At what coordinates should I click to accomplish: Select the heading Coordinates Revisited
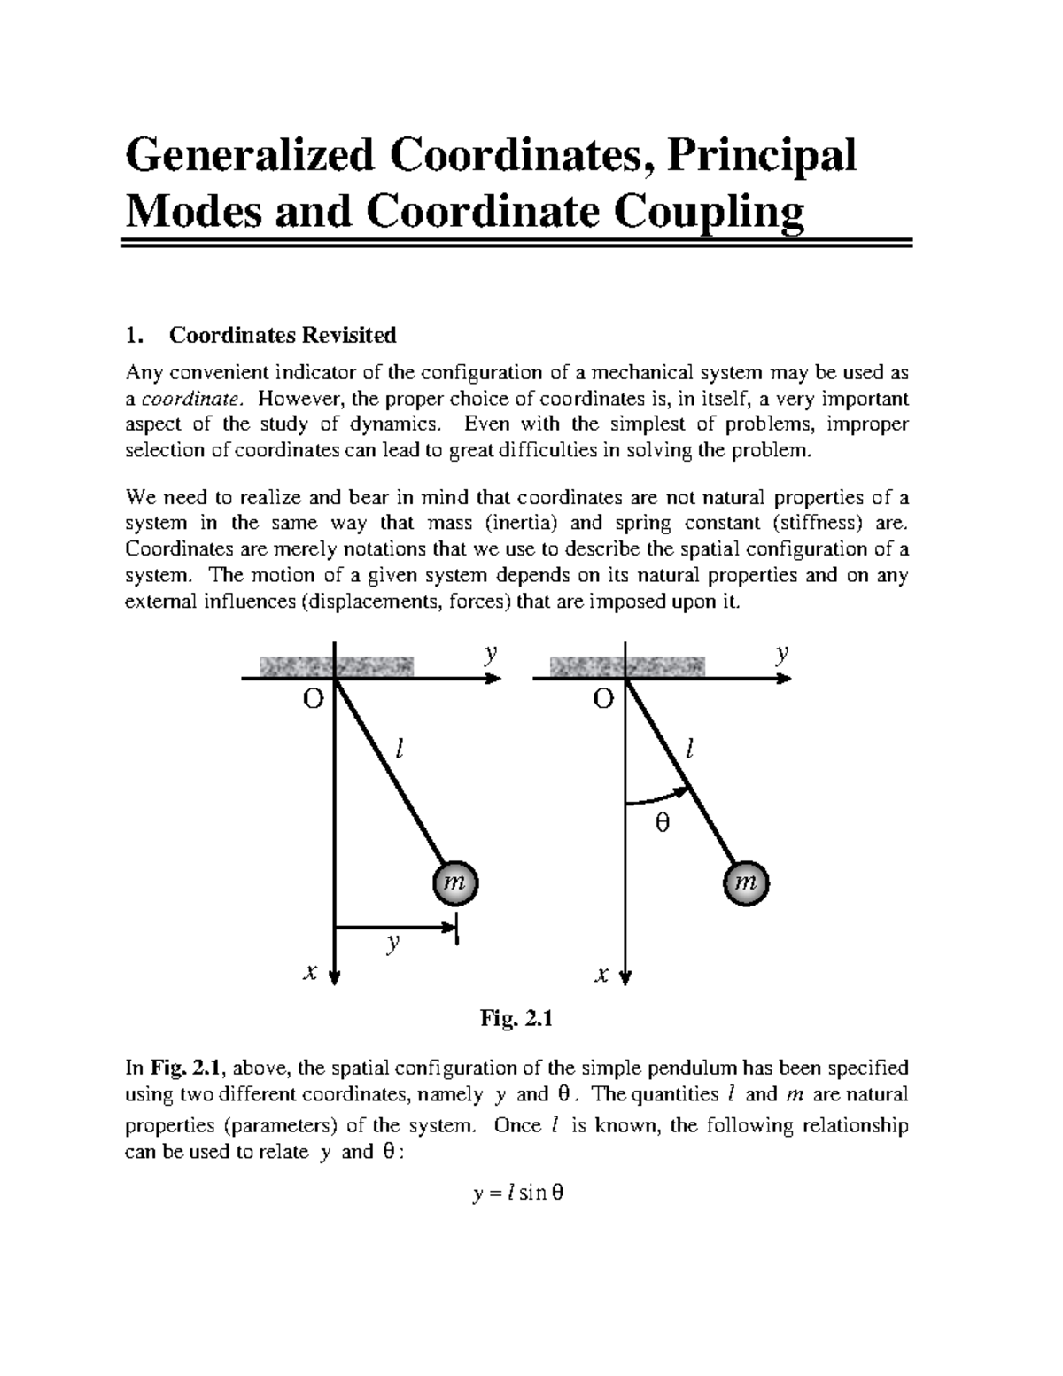(283, 336)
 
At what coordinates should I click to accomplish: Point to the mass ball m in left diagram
(454, 882)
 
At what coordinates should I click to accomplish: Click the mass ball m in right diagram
(746, 882)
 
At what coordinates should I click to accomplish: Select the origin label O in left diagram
(313, 699)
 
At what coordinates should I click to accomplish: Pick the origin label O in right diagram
(603, 699)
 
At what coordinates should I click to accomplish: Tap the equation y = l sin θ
(518, 1193)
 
